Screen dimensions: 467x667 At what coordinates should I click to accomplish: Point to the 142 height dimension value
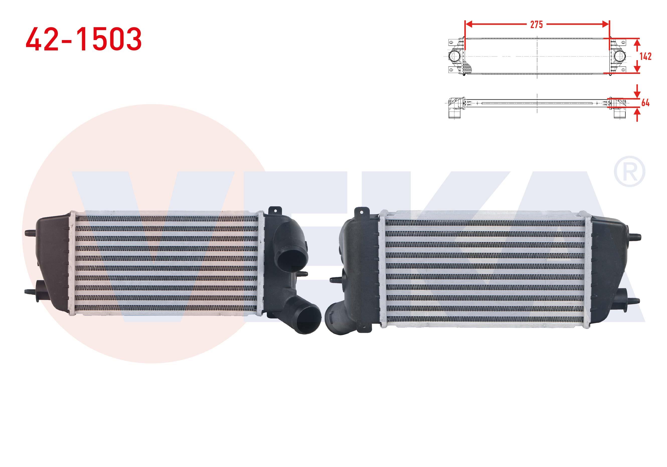tap(645, 56)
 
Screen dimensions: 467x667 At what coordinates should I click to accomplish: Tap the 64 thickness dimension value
tap(645, 103)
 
